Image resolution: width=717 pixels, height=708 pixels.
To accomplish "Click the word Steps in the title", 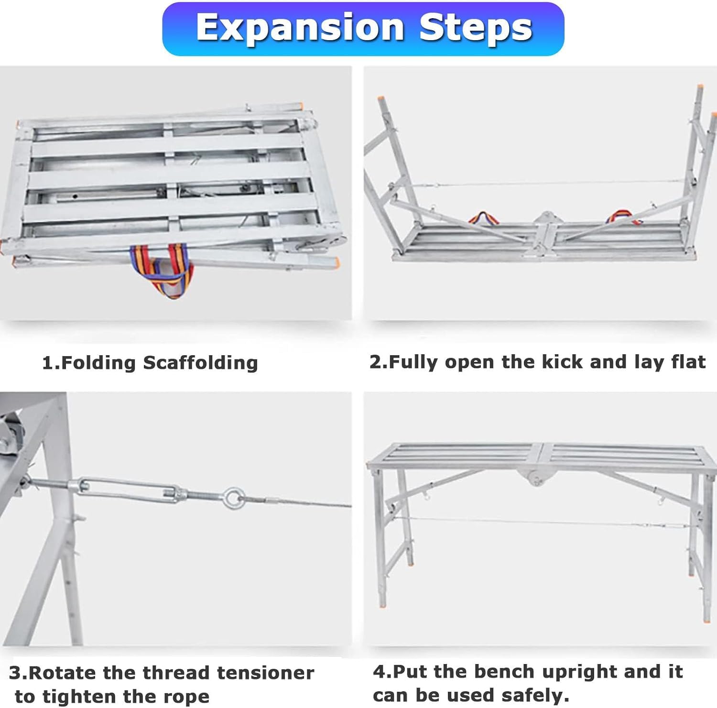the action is (x=476, y=27).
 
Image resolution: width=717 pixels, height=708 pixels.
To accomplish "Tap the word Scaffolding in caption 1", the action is (x=200, y=363).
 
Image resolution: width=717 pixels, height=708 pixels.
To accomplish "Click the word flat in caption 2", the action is (x=688, y=361).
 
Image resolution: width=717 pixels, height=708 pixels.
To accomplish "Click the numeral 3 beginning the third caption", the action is (x=15, y=673).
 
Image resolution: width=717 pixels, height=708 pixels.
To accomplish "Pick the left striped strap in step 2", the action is (x=484, y=219).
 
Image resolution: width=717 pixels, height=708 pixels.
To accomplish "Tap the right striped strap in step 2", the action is (x=622, y=218).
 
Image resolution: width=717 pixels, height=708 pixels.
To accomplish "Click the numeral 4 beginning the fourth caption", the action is (x=379, y=672).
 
